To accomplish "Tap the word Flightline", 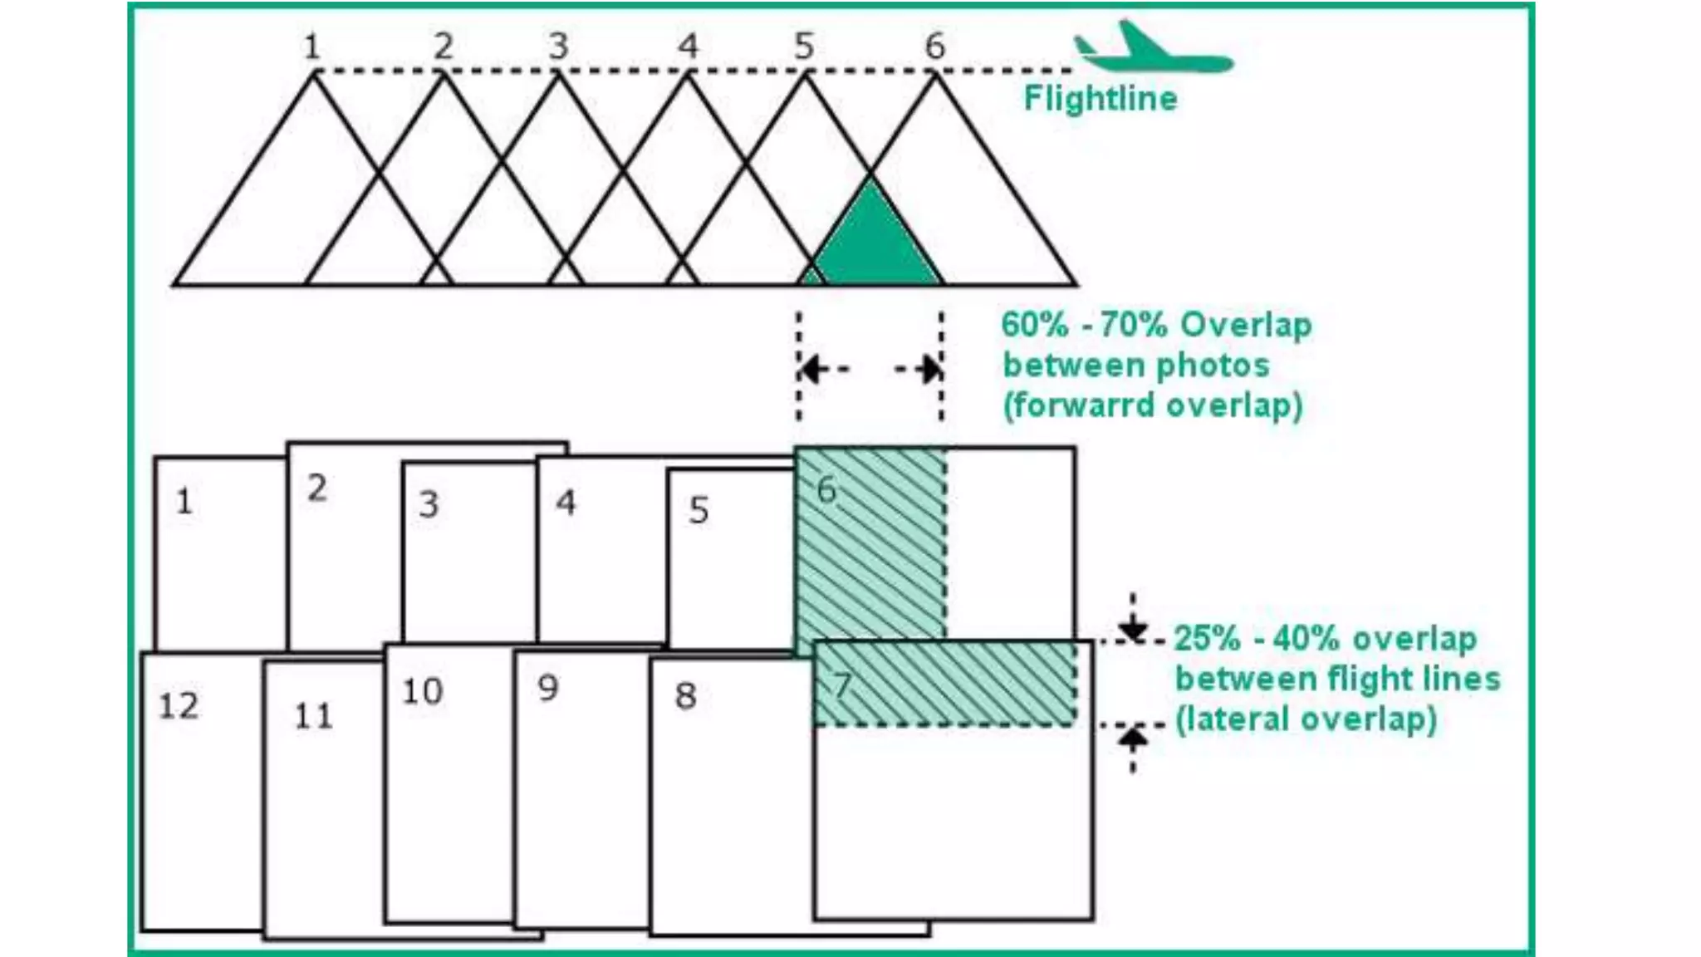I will [1101, 99].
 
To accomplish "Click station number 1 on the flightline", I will [311, 47].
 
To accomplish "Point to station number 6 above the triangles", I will [935, 47].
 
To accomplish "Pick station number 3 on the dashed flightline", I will [558, 47].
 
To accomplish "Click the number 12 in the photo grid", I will [179, 706].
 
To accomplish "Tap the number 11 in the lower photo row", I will [313, 716].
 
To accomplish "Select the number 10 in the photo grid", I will [422, 691].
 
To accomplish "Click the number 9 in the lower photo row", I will [548, 688].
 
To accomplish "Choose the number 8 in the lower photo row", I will [685, 696].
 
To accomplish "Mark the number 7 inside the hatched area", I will [842, 685].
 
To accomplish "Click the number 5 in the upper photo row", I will [699, 510].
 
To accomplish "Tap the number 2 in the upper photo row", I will [316, 488].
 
